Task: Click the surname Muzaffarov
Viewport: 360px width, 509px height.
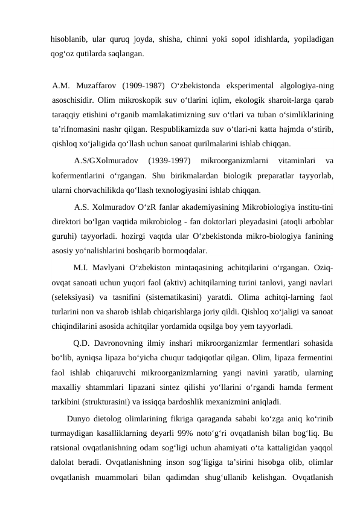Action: click(96, 84)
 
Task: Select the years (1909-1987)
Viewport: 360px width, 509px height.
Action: click(143, 84)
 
